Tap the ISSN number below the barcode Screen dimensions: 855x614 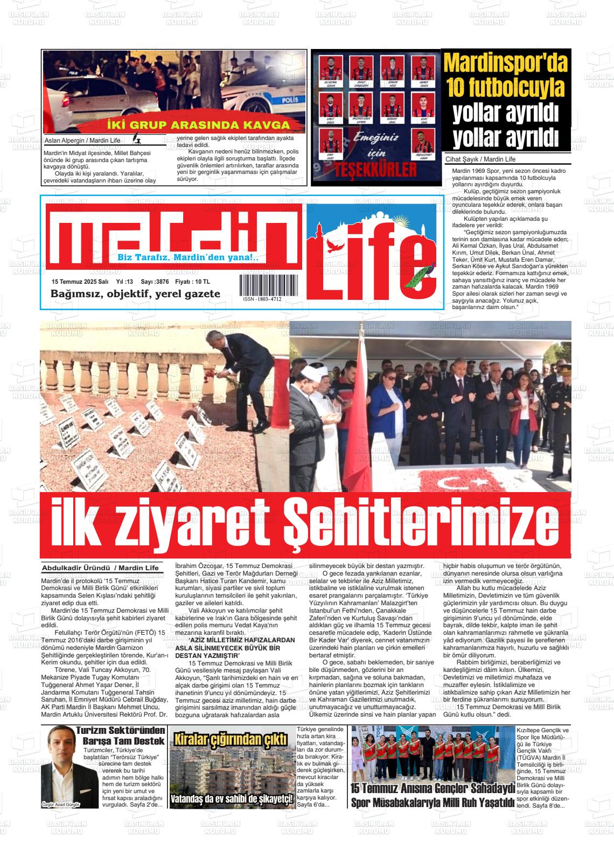point(262,299)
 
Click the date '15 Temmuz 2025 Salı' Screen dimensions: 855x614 point(80,282)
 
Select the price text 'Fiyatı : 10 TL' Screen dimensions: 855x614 point(193,282)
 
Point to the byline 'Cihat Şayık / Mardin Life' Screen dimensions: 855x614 point(480,159)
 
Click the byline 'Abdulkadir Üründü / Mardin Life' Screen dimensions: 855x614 point(101,568)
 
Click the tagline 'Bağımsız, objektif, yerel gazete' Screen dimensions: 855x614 point(135,294)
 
